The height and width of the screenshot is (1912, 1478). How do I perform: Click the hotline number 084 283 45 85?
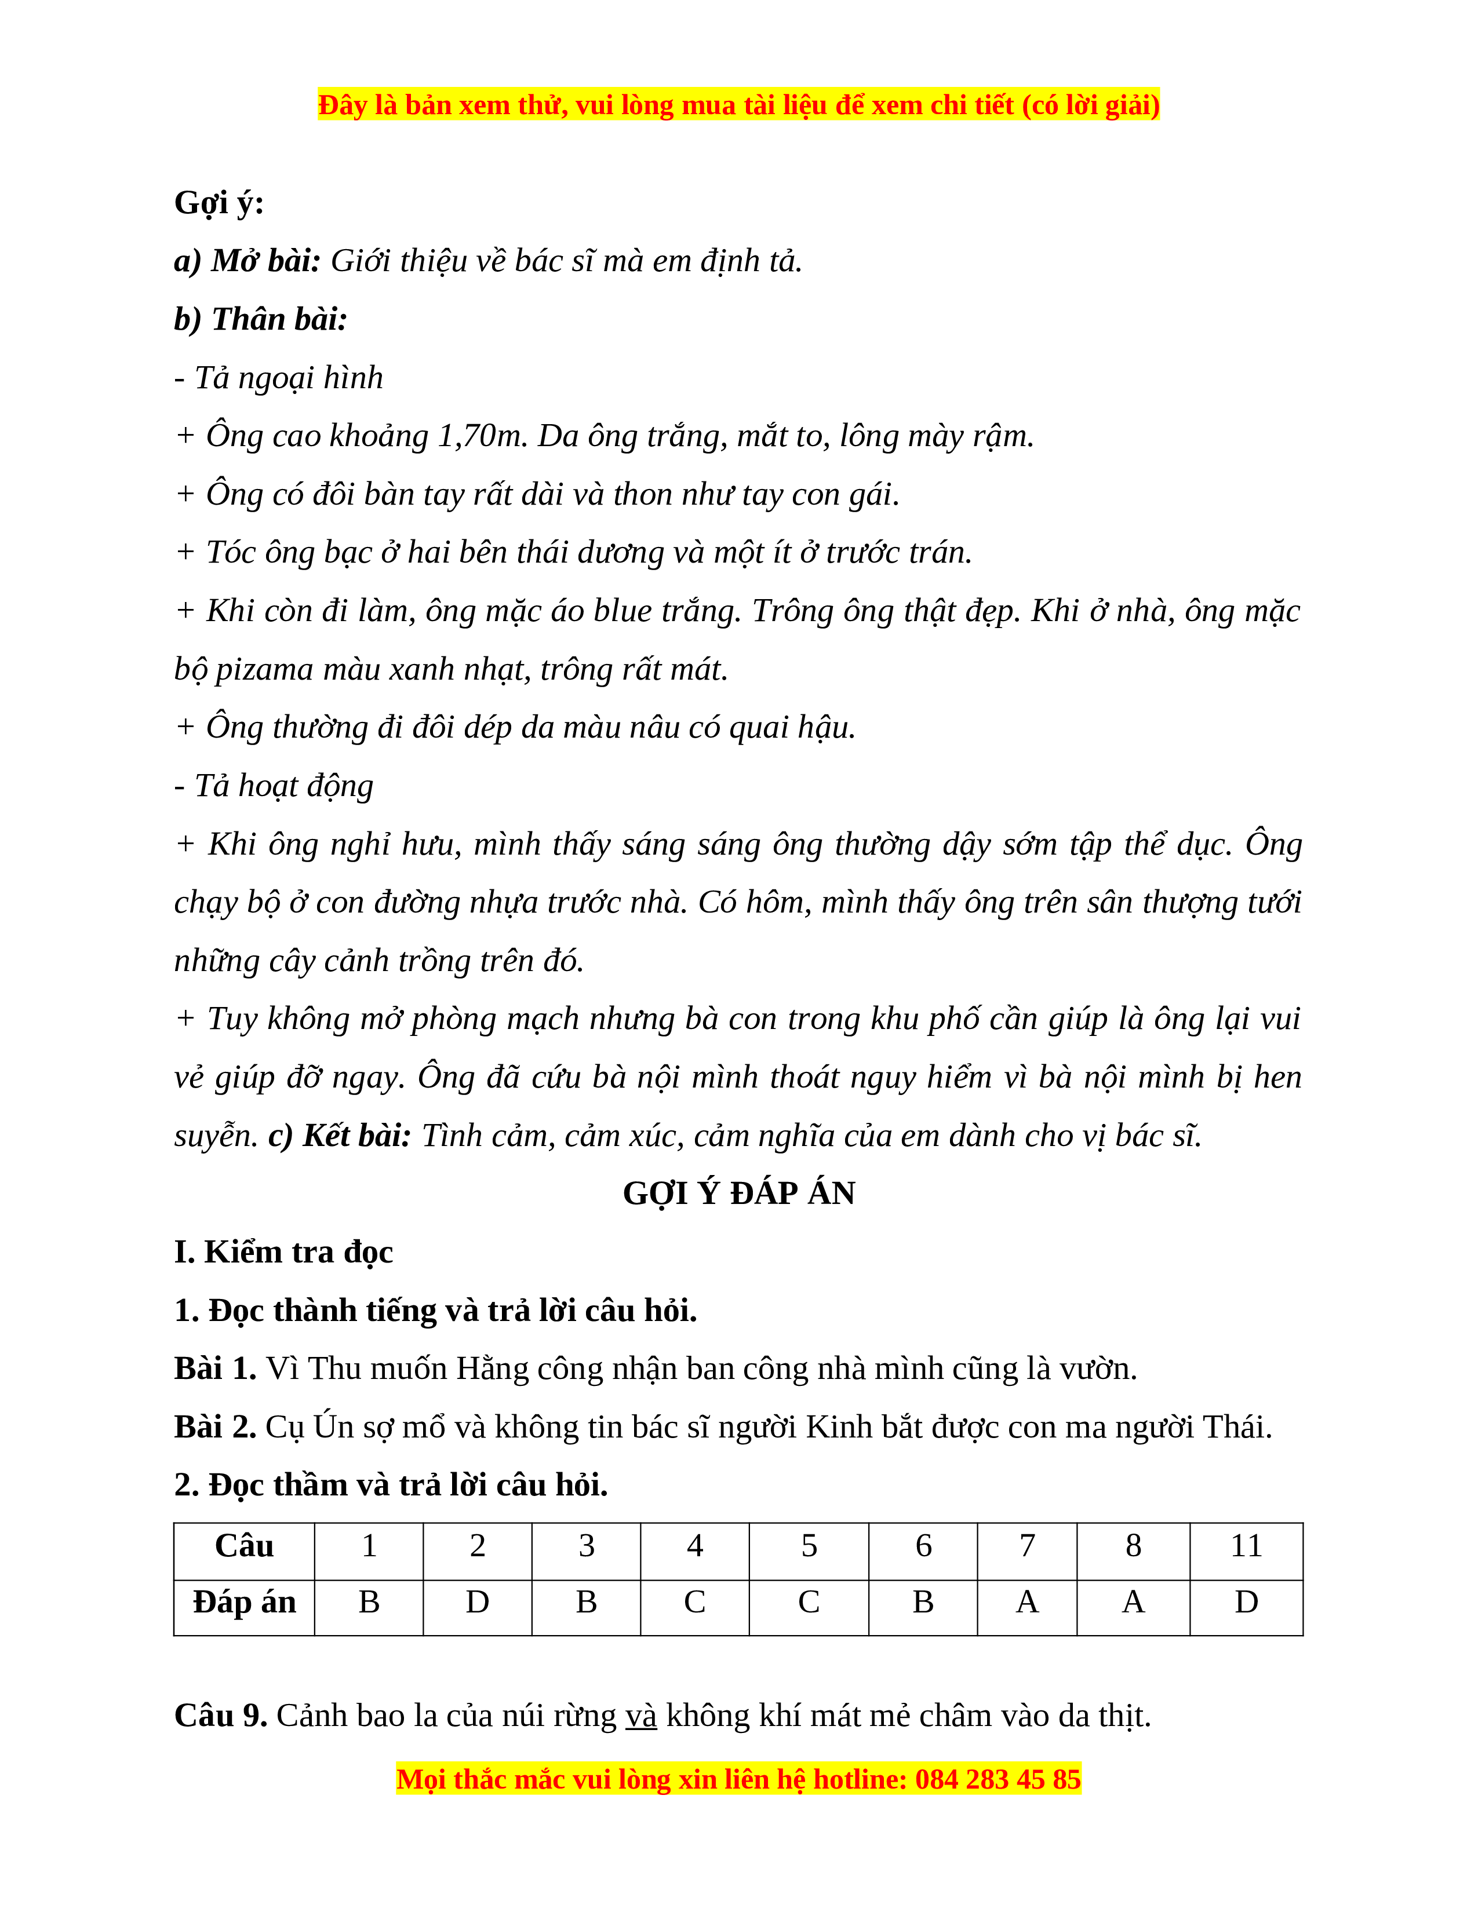pyautogui.click(x=998, y=1780)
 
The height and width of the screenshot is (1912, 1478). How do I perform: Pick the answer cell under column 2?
pyautogui.click(x=477, y=1602)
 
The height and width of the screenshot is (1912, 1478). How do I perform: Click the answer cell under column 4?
pyautogui.click(x=694, y=1602)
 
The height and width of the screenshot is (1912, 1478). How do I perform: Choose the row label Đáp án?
pyautogui.click(x=244, y=1602)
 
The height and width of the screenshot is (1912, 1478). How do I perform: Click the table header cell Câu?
pyautogui.click(x=244, y=1546)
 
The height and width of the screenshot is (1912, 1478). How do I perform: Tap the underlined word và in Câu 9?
pyautogui.click(x=641, y=1716)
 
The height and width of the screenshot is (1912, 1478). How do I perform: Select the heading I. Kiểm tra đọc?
pyautogui.click(x=283, y=1252)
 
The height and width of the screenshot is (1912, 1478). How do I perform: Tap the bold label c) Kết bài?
pyautogui.click(x=340, y=1136)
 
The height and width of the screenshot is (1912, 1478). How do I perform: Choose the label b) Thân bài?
pyautogui.click(x=261, y=320)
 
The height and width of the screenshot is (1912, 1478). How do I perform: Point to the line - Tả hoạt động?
pyautogui.click(x=274, y=786)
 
